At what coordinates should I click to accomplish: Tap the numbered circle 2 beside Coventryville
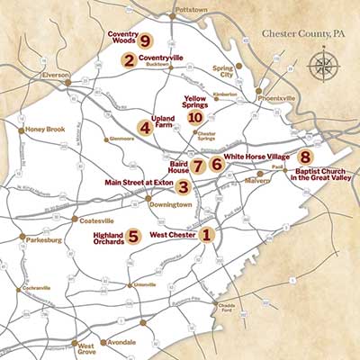point(130,61)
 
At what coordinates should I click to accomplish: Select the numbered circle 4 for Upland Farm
point(144,127)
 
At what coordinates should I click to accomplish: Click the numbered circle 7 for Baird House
point(197,166)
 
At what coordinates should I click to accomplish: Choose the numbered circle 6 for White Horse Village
point(216,164)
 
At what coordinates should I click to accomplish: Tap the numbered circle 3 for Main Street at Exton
point(183,187)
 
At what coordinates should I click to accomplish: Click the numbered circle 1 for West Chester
point(207,236)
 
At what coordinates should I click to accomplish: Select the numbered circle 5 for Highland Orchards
point(133,237)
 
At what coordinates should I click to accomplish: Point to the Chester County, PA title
point(303,34)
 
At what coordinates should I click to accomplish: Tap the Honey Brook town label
point(46,130)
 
